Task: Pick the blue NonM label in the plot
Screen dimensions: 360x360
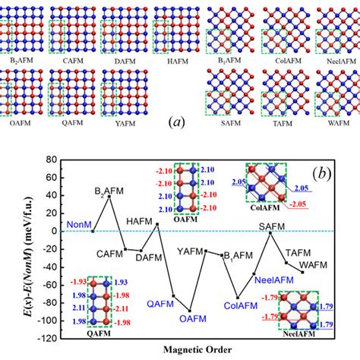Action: pos(78,225)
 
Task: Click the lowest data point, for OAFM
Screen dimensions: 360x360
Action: pos(190,311)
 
